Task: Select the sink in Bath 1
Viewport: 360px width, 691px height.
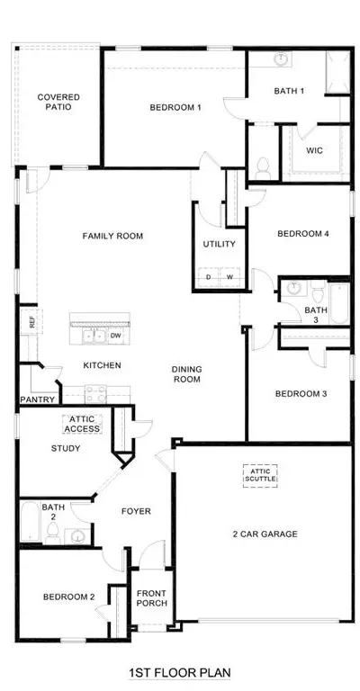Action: point(281,58)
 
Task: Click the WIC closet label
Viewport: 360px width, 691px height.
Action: point(314,151)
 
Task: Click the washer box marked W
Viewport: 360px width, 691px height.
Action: point(229,277)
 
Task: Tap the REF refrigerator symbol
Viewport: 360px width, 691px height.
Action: point(31,321)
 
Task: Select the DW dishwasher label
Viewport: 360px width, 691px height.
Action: point(115,336)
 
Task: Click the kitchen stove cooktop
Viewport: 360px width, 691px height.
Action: point(95,394)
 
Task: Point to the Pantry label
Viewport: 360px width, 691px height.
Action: point(38,399)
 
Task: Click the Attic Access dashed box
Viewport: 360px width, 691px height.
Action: point(82,424)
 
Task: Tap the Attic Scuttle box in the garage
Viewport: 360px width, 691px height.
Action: point(260,475)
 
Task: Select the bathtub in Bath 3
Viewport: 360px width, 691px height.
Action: point(338,302)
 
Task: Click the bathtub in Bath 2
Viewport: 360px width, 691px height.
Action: point(31,521)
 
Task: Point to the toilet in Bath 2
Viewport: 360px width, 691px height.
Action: point(53,534)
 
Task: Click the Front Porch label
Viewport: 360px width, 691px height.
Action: point(151,597)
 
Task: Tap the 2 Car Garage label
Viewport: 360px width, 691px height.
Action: point(265,534)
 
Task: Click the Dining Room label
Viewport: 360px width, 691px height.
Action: point(187,373)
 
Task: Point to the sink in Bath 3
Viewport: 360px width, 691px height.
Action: point(293,288)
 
